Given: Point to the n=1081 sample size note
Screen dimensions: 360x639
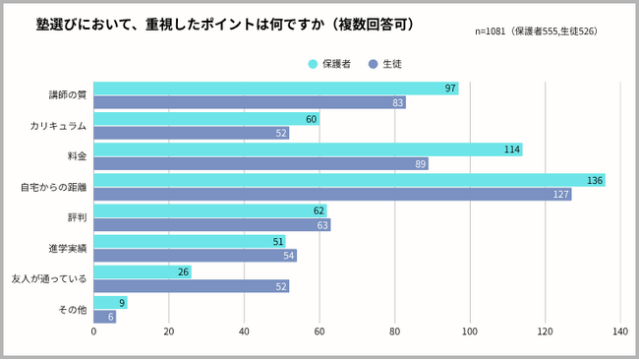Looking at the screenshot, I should pos(536,31).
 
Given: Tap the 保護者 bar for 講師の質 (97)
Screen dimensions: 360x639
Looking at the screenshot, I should pos(275,89).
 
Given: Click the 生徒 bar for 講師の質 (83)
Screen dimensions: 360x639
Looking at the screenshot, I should pos(250,102).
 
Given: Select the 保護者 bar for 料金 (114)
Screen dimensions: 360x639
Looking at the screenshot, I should pos(308,150).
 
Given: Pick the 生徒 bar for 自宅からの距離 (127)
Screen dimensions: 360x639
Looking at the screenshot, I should pos(332,194).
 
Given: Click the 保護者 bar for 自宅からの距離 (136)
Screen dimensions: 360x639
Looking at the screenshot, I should pos(349,180).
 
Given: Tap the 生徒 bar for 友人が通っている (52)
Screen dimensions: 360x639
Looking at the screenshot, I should pos(191,286).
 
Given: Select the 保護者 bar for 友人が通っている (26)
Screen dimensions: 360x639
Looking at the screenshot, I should pos(143,272).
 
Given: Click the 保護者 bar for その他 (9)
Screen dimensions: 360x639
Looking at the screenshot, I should pos(110,303).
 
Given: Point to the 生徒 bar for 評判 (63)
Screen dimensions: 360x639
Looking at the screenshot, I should pos(211,225).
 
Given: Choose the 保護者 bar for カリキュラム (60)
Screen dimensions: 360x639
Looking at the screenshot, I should pos(206,119).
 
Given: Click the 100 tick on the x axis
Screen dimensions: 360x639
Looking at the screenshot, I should pos(470,331).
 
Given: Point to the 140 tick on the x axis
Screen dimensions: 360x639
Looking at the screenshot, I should pos(619,331).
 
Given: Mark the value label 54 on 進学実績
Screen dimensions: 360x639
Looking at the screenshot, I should pos(289,256).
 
